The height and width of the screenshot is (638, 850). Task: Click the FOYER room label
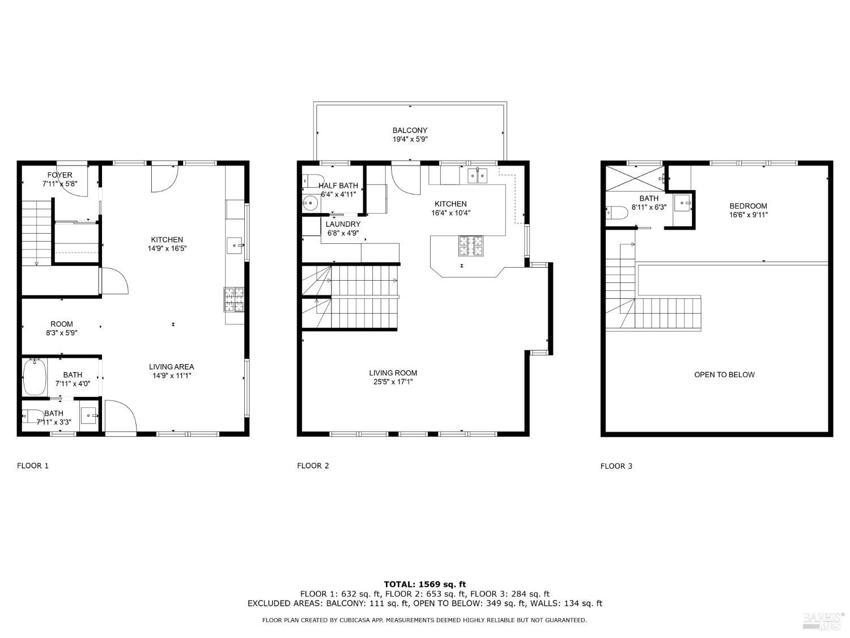tap(59, 175)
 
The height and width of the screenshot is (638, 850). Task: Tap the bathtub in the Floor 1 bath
tap(35, 377)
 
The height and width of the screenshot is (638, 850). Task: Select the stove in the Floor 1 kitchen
tap(234, 300)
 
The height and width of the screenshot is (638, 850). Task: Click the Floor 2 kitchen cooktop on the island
tap(470, 246)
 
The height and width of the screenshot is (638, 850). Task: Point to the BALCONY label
tap(410, 130)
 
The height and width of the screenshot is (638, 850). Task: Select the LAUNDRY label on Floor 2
tap(343, 224)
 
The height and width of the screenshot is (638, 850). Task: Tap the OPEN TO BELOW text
tap(724, 374)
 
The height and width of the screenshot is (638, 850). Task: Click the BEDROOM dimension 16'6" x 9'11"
tap(748, 215)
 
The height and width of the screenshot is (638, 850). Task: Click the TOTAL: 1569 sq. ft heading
tap(424, 584)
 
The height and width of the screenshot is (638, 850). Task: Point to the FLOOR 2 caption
tap(313, 466)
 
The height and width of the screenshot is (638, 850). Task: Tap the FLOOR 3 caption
tap(617, 466)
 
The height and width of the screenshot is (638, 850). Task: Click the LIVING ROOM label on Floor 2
tap(393, 373)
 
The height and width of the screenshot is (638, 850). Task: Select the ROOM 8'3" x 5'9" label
tap(61, 328)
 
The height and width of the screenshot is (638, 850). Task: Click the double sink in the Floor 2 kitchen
tap(477, 176)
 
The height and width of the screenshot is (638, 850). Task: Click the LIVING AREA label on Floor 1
tap(171, 367)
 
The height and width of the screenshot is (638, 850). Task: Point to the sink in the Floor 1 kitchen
tap(235, 246)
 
